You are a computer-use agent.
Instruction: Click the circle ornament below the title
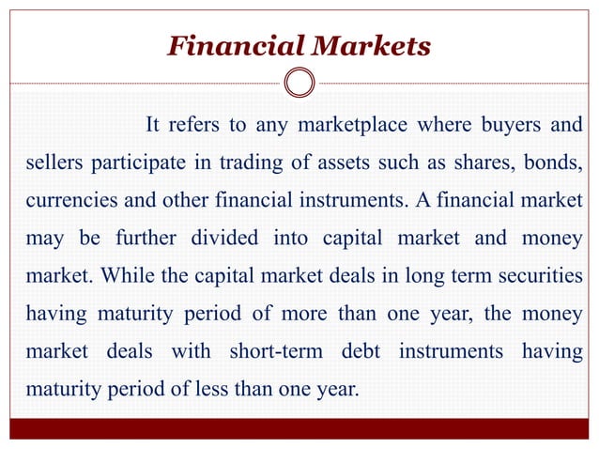pyautogui.click(x=299, y=84)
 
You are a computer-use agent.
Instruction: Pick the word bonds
pyautogui.click(x=548, y=165)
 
